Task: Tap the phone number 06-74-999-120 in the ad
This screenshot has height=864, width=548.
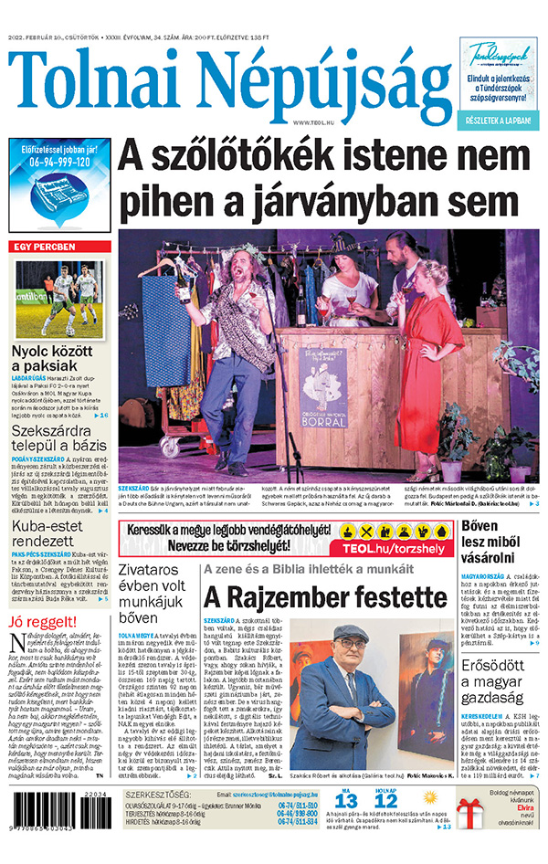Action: click(x=61, y=162)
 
